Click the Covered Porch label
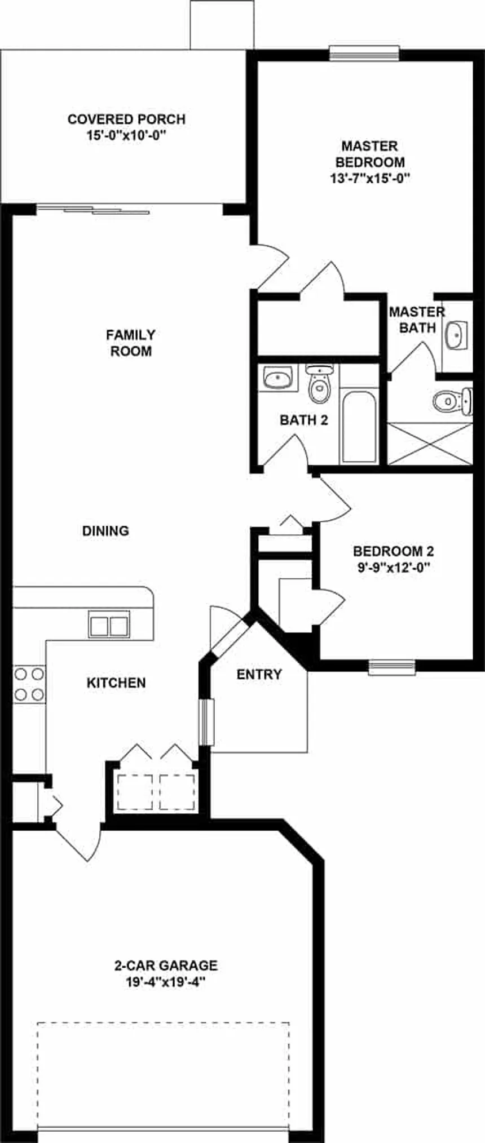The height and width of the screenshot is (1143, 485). coord(126,119)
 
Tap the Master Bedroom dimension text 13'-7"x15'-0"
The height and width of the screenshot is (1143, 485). coord(370,179)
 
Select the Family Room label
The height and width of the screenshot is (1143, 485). coord(131,343)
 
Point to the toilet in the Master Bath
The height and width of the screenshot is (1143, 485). coord(451,401)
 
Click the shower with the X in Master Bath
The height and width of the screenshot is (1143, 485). coord(430,444)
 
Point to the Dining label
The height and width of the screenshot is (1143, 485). coord(105,530)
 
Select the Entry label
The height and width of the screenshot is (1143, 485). coord(259,674)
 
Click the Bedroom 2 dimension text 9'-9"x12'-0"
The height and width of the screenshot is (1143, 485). coord(393,568)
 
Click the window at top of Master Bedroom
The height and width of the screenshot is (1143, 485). coord(364,53)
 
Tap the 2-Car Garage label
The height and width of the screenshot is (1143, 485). coord(166,965)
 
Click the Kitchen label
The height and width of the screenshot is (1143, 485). coord(116,683)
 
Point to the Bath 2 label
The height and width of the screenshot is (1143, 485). coord(304,420)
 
